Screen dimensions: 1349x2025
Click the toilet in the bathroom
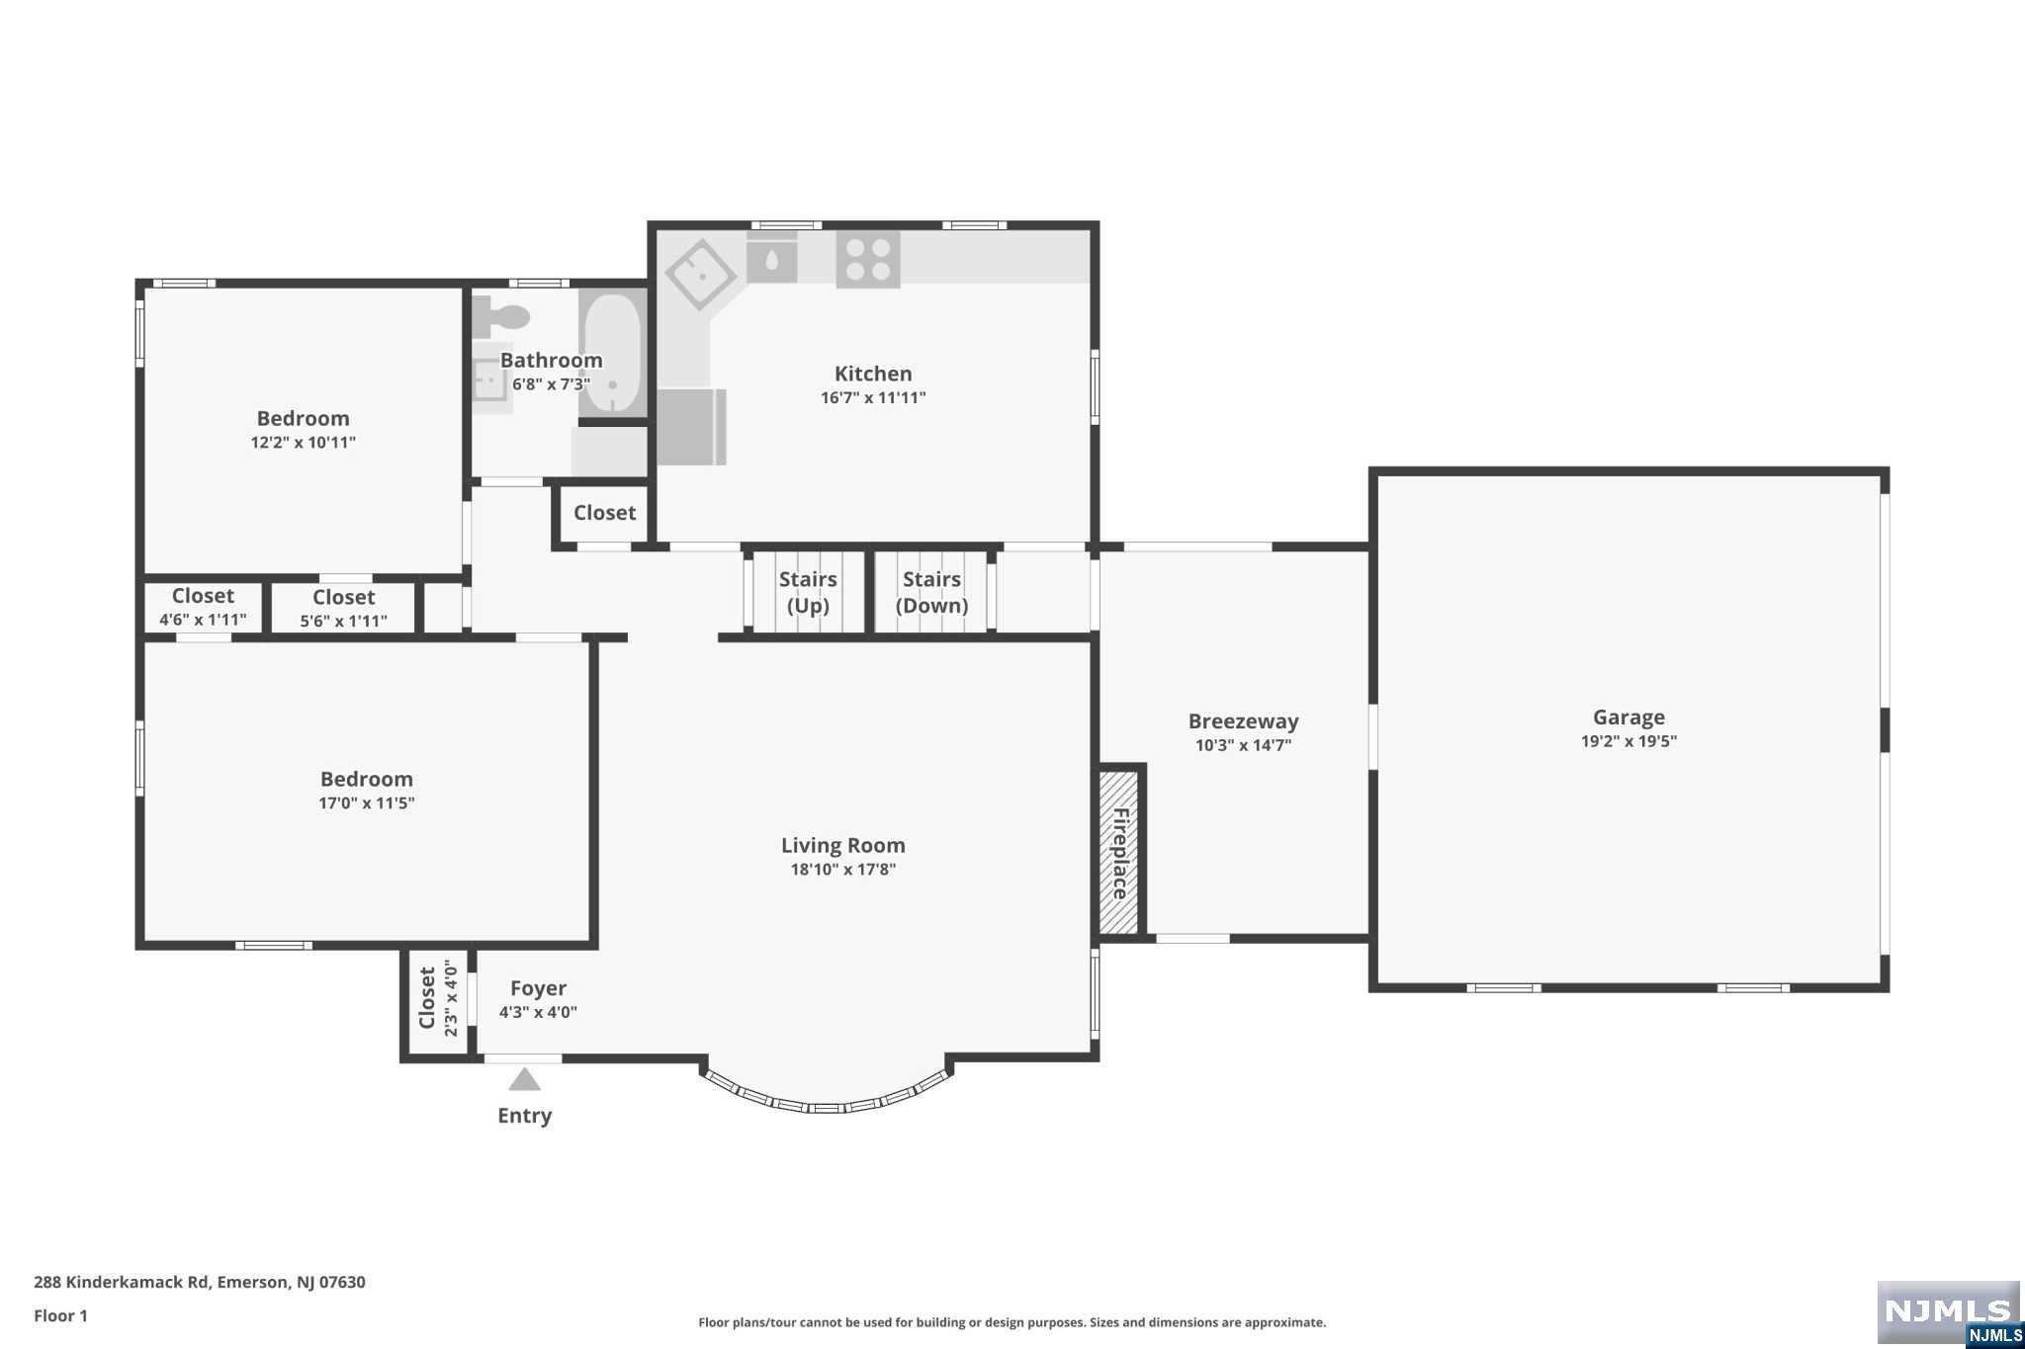click(x=502, y=316)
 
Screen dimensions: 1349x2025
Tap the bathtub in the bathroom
click(x=612, y=352)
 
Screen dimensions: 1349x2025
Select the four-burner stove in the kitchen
click(x=867, y=259)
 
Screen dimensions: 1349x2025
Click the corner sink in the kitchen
click(x=700, y=274)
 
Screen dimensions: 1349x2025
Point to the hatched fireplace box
click(x=1118, y=853)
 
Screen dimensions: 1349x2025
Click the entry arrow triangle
click(x=524, y=1079)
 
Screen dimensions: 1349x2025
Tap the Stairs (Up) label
click(x=807, y=592)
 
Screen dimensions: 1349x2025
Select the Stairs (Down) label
click(x=931, y=592)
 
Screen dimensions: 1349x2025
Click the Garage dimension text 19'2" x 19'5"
click(x=1629, y=741)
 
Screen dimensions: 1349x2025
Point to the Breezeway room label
click(x=1243, y=721)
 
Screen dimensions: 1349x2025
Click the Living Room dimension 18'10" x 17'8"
click(x=842, y=870)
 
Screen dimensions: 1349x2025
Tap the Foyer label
click(x=538, y=988)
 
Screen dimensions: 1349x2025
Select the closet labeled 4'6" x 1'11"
click(x=203, y=607)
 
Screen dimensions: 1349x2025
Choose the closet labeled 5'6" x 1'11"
click(x=343, y=608)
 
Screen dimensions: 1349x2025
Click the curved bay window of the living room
click(x=828, y=1103)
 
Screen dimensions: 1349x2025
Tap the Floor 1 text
click(x=60, y=1315)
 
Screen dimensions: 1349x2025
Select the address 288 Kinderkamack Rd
click(x=199, y=1282)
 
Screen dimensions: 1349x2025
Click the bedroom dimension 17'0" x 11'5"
click(x=366, y=803)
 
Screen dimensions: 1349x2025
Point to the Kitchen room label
click(x=873, y=374)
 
